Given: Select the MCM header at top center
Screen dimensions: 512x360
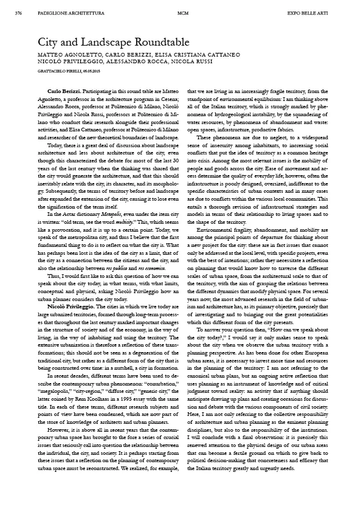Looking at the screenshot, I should (181, 12).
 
